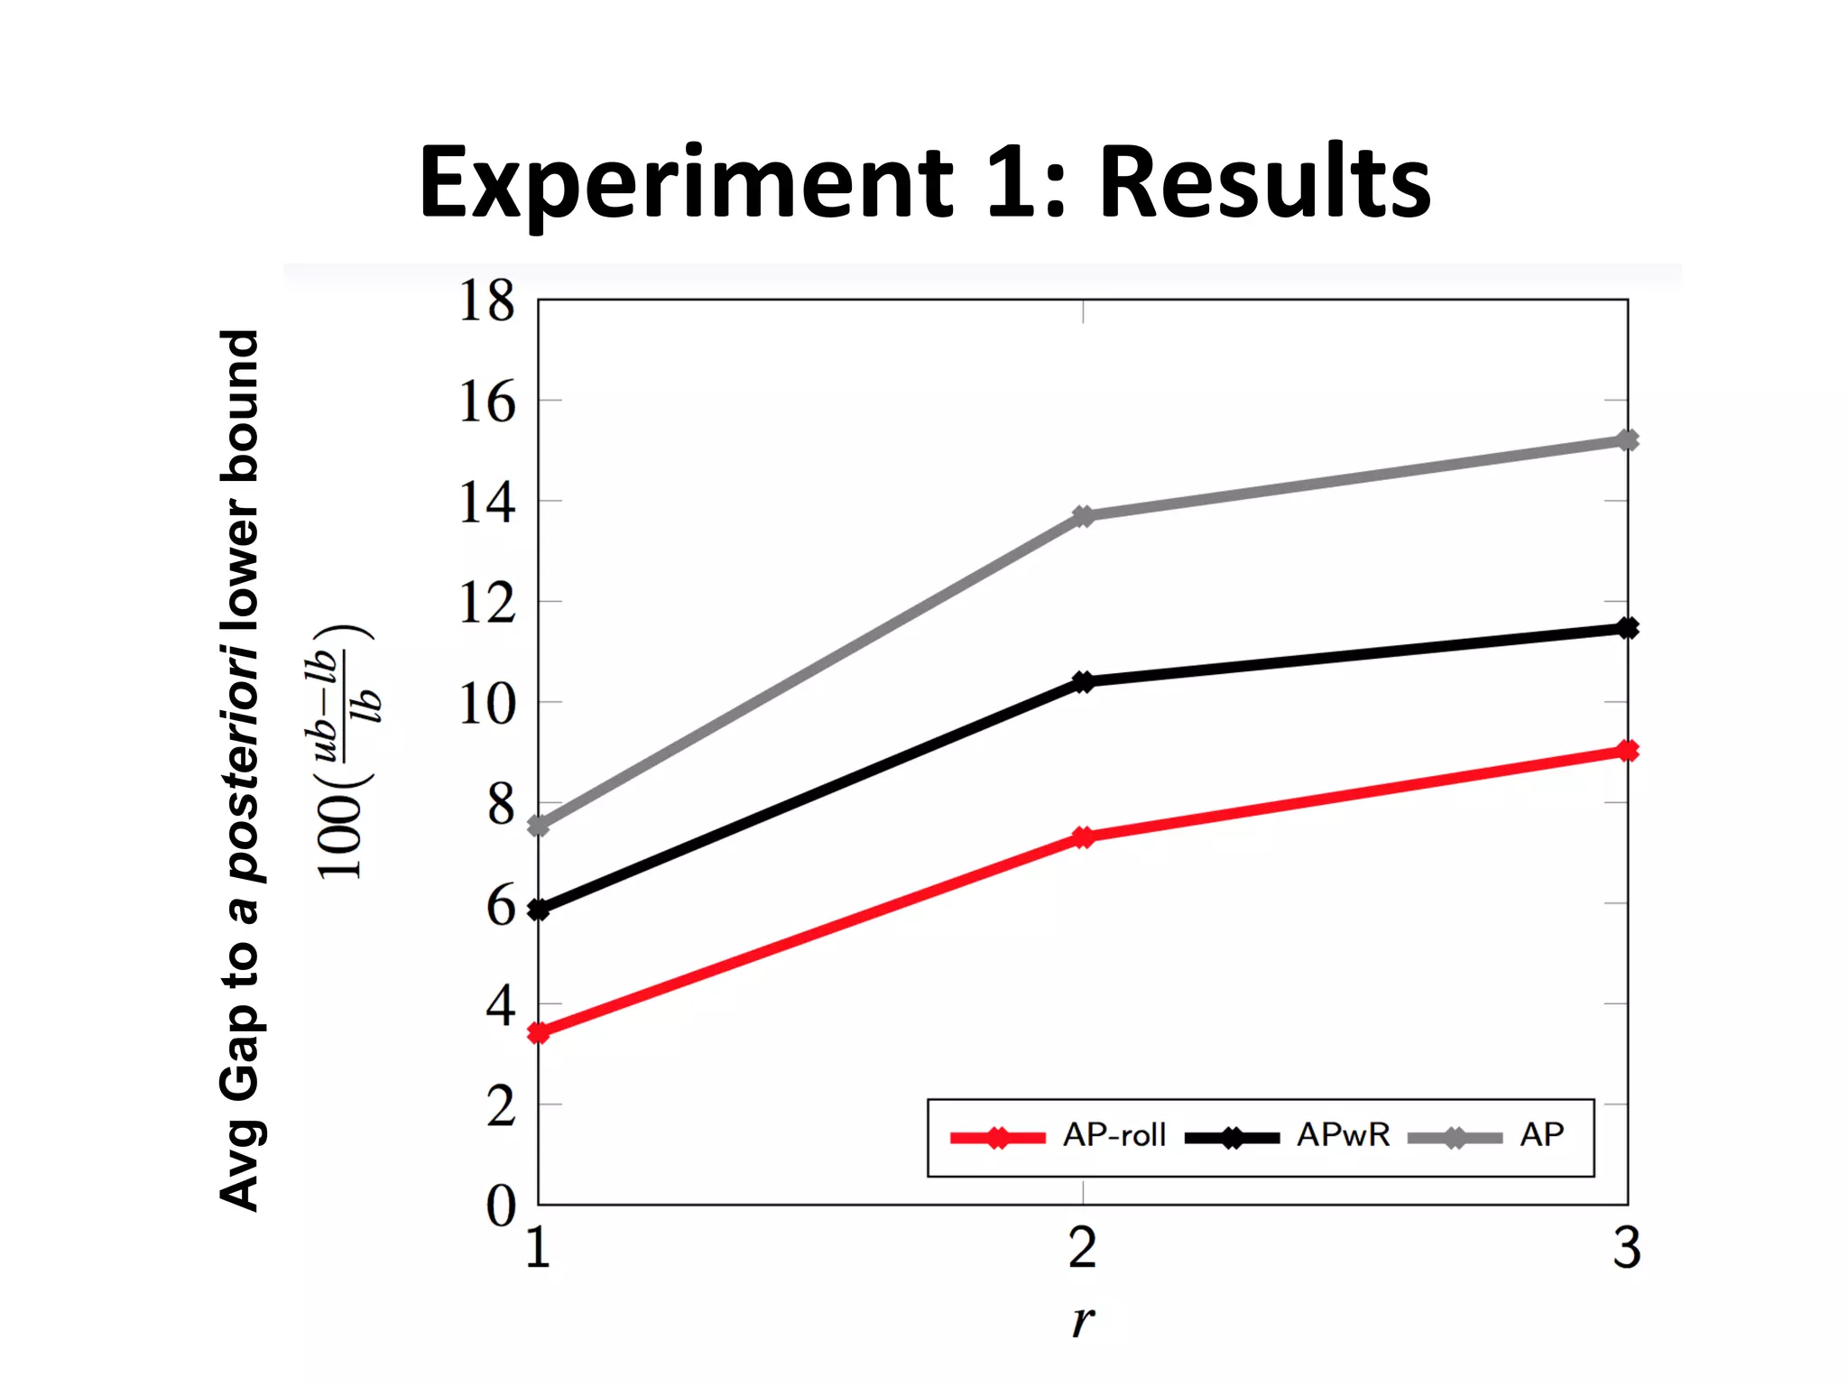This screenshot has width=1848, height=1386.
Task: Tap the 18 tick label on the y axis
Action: pyautogui.click(x=486, y=300)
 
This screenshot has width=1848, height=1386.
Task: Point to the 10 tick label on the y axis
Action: pyautogui.click(x=486, y=704)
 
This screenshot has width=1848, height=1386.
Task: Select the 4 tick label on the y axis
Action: pyautogui.click(x=501, y=1004)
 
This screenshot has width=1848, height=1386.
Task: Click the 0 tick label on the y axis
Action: pyautogui.click(x=501, y=1206)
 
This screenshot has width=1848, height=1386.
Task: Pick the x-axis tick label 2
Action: pyautogui.click(x=1083, y=1249)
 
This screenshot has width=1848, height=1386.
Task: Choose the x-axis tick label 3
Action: pyautogui.click(x=1627, y=1249)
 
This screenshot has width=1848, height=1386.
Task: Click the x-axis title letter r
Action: pyautogui.click(x=1083, y=1320)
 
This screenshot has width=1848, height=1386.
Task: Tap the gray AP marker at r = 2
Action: pyautogui.click(x=1084, y=516)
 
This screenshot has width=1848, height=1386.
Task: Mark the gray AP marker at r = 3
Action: pyautogui.click(x=1627, y=440)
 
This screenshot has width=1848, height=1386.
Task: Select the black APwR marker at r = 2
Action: pyautogui.click(x=1084, y=681)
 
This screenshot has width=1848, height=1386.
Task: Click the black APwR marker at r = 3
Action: pyautogui.click(x=1627, y=628)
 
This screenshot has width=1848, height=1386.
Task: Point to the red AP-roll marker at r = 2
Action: pyautogui.click(x=1084, y=837)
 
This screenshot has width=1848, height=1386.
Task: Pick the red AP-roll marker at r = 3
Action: pyautogui.click(x=1627, y=751)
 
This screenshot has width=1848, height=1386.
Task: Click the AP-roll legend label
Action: pyautogui.click(x=1114, y=1135)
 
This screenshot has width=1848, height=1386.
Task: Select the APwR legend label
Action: pyautogui.click(x=1343, y=1135)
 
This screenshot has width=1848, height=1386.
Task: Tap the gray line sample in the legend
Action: pyautogui.click(x=1455, y=1138)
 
